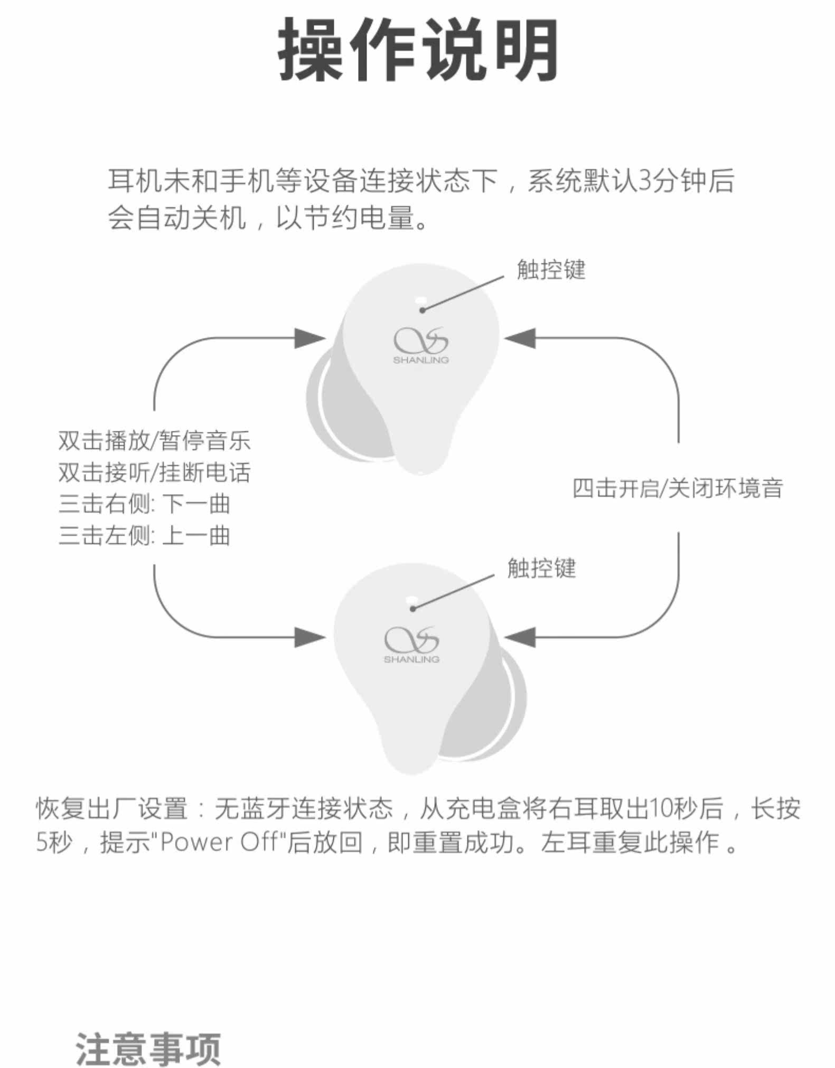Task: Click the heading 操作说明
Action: pyautogui.click(x=418, y=51)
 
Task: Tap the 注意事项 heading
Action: pyautogui.click(x=148, y=1048)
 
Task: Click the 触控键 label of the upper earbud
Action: pyautogui.click(x=551, y=270)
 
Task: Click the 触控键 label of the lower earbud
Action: pyautogui.click(x=541, y=569)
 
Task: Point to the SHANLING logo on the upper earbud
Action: pyautogui.click(x=421, y=346)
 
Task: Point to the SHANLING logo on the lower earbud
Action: pyautogui.click(x=411, y=645)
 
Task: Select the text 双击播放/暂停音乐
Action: pyautogui.click(x=154, y=441)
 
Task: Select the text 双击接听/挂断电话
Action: pyautogui.click(x=154, y=472)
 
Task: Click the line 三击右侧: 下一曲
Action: pyautogui.click(x=144, y=504)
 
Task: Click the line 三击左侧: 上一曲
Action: pyautogui.click(x=144, y=536)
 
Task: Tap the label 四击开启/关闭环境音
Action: pyautogui.click(x=678, y=488)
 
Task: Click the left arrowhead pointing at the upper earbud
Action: pyautogui.click(x=310, y=338)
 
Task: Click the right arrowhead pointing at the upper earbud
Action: pyautogui.click(x=520, y=338)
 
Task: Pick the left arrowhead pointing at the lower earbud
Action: pyautogui.click(x=310, y=637)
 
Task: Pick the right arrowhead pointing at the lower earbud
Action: pyautogui.click(x=520, y=637)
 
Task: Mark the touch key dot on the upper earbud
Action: pyautogui.click(x=422, y=310)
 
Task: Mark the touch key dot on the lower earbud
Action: pyautogui.click(x=412, y=609)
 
